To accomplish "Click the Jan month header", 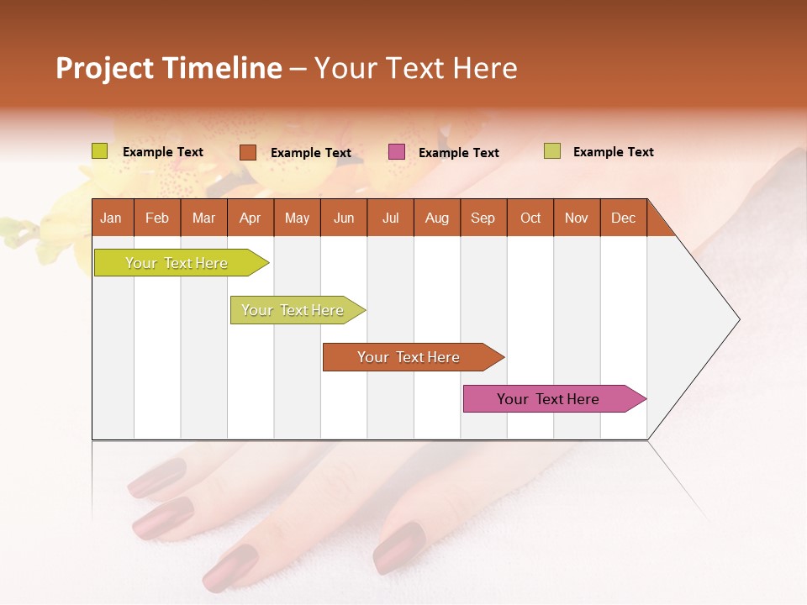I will tap(111, 218).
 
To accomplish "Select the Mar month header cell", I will tap(203, 218).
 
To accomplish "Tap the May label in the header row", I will tap(297, 218).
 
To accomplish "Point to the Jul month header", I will tap(390, 218).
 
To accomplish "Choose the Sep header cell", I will tap(483, 218).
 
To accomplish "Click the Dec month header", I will tap(623, 218).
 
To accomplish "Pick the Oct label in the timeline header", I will tap(530, 218).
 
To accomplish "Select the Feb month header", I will tap(157, 218).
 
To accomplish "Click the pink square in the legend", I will tap(397, 152).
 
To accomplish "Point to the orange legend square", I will tap(248, 152).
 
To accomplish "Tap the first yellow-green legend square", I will tap(100, 151).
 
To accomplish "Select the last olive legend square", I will tap(551, 151).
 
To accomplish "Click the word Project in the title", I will tap(104, 68).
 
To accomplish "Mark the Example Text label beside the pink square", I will tap(458, 153).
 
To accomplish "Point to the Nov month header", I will tap(576, 218).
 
